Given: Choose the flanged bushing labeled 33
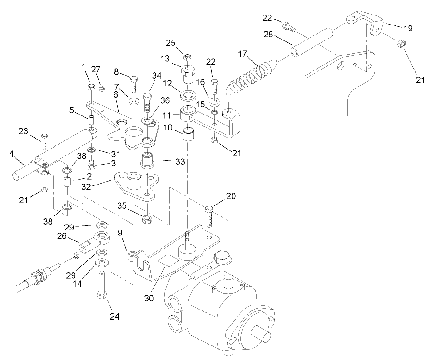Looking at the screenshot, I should pyautogui.click(x=148, y=160).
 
